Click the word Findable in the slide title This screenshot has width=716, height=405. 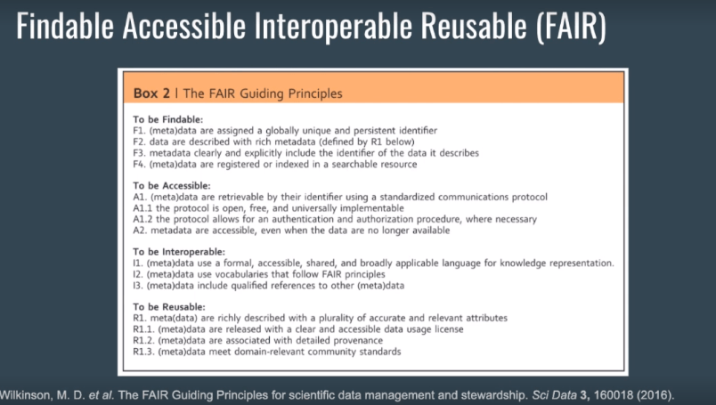pyautogui.click(x=65, y=26)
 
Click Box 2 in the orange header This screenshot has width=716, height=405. pyautogui.click(x=151, y=93)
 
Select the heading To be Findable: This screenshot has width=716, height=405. pyautogui.click(x=168, y=119)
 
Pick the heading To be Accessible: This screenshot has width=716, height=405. pyautogui.click(x=172, y=186)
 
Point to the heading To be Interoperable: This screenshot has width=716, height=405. pyautogui.click(x=179, y=252)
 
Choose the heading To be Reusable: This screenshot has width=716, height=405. pyautogui.click(x=169, y=307)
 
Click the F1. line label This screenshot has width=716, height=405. pyautogui.click(x=139, y=131)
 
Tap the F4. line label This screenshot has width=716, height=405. pyautogui.click(x=139, y=165)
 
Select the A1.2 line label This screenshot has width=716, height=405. pyautogui.click(x=142, y=219)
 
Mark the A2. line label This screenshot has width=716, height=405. pyautogui.click(x=140, y=231)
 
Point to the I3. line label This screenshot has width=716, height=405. pyautogui.click(x=138, y=286)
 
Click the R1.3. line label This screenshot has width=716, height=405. pyautogui.click(x=143, y=352)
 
